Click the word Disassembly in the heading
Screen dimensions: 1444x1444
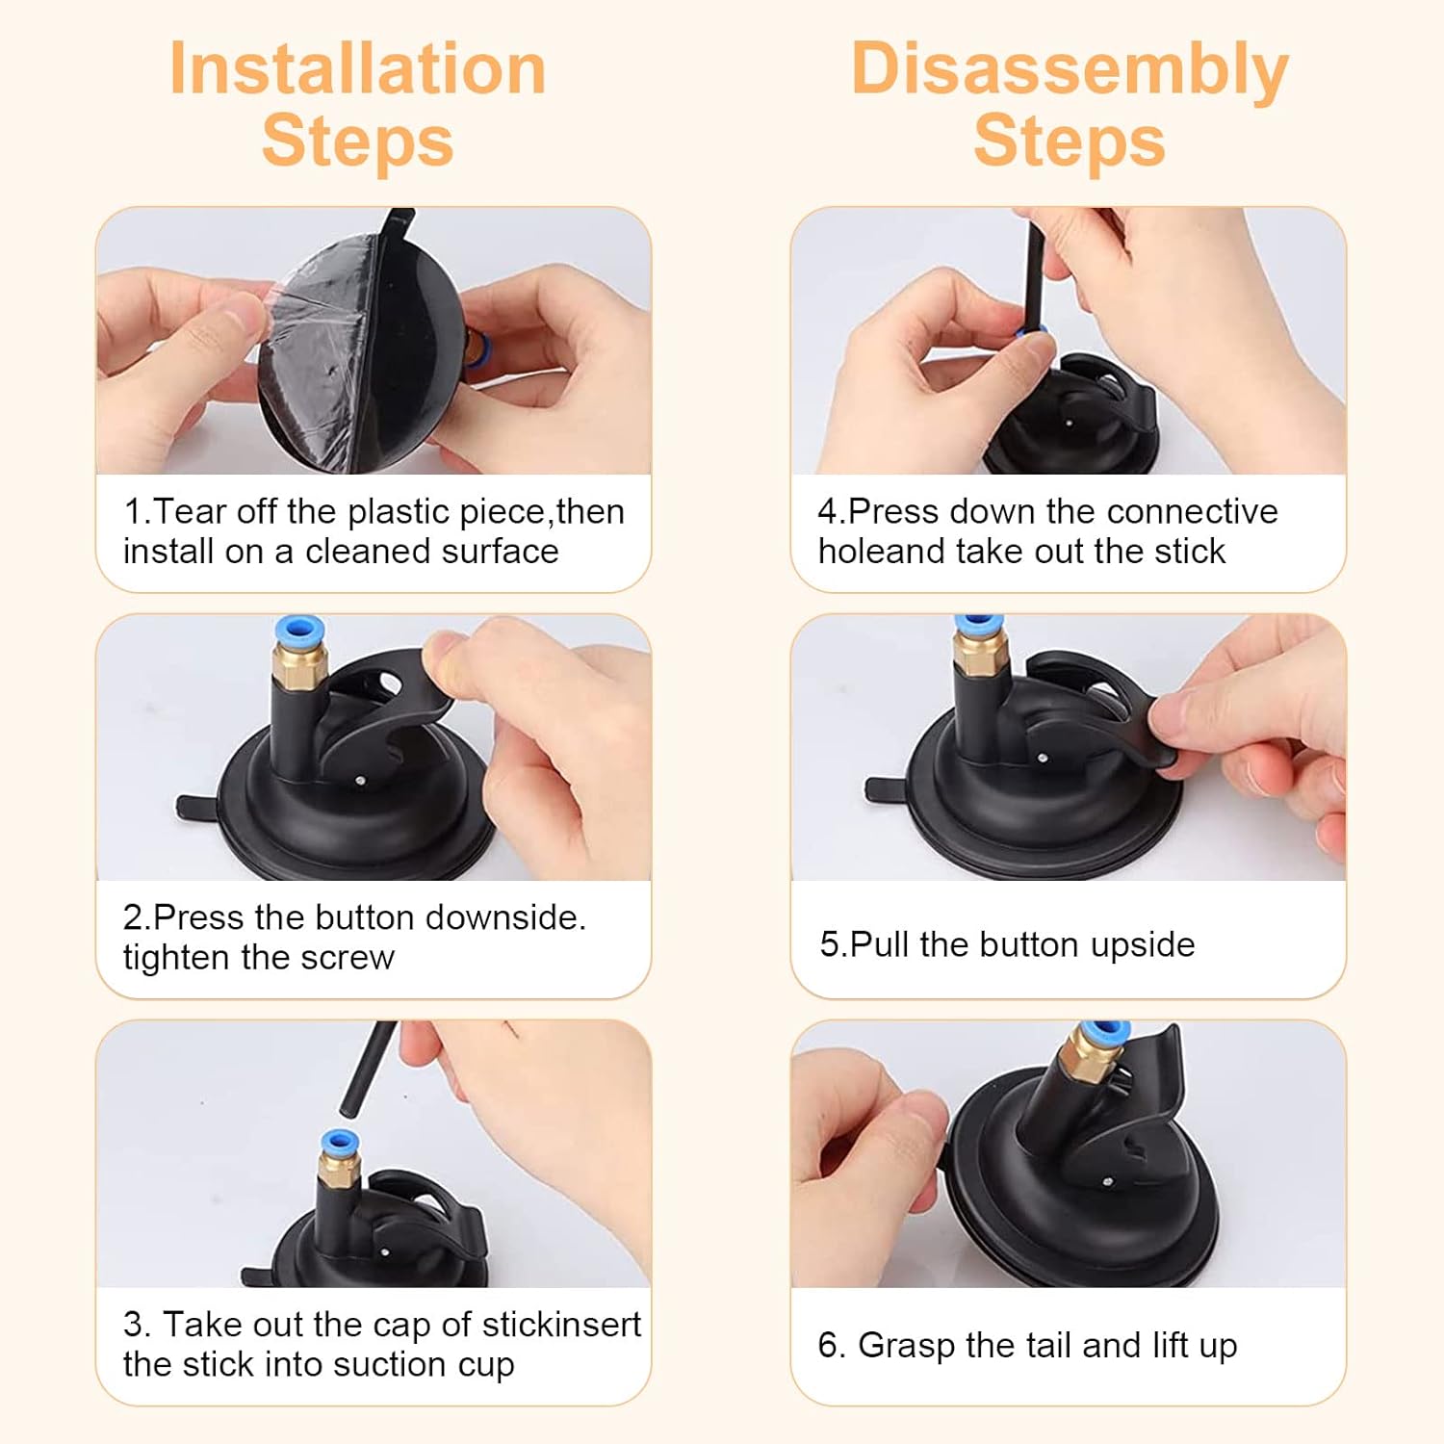[1070, 71]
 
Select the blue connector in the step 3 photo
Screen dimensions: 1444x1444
[340, 1144]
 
